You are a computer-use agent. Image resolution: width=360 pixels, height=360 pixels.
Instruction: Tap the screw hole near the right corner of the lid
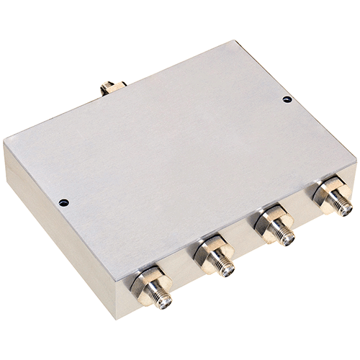(x=287, y=99)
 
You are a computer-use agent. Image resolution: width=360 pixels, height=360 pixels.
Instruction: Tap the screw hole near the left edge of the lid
(x=63, y=202)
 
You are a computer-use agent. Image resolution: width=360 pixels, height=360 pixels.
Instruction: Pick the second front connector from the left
(x=215, y=257)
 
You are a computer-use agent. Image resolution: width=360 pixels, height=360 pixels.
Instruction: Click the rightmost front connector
(x=333, y=198)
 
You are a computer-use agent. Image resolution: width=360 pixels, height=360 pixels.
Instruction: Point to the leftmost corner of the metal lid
(x=6, y=143)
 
